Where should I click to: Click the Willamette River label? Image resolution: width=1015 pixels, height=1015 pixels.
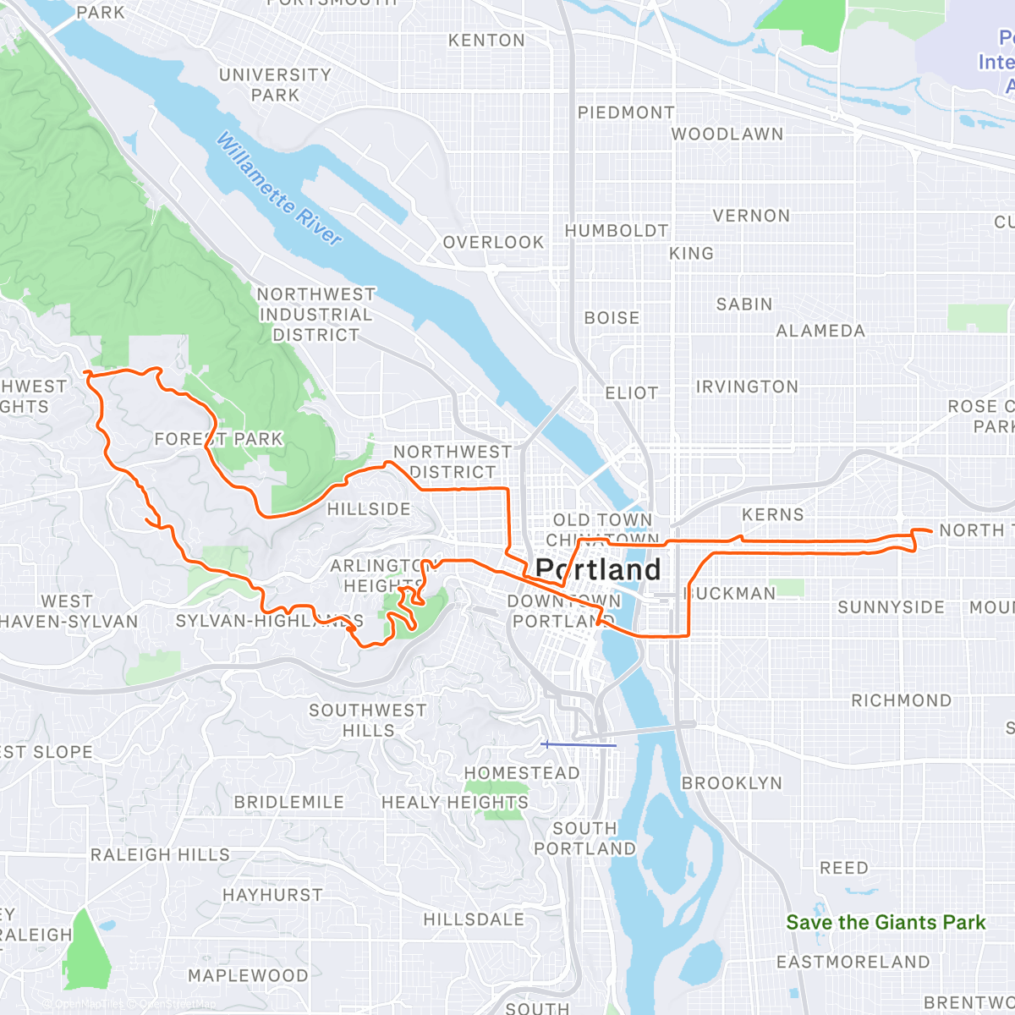(279, 189)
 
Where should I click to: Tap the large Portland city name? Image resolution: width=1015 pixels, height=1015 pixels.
(598, 570)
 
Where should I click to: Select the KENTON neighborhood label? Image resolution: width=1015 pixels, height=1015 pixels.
(486, 41)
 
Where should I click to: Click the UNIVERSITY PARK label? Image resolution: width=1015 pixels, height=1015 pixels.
(275, 85)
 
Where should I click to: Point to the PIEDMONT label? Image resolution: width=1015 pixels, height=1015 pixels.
(626, 112)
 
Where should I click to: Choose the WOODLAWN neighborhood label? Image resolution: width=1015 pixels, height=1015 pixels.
(727, 134)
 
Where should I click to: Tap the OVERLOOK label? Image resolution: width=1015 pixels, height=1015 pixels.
(493, 243)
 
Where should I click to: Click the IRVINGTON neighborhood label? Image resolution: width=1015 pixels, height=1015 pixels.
(746, 387)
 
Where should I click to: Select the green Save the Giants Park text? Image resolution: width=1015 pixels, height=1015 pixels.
(886, 923)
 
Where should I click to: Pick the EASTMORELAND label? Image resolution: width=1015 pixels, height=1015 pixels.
(853, 962)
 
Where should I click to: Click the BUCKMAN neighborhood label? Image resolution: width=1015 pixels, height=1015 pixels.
(730, 594)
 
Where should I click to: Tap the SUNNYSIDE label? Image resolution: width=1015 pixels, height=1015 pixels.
(891, 607)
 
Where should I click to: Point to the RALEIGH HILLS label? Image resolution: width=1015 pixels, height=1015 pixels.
(160, 854)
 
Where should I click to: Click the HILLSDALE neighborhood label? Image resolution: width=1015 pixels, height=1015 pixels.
(474, 919)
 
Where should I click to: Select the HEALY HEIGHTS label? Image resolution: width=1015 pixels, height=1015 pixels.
(454, 802)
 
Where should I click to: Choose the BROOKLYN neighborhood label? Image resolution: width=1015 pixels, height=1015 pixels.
(732, 783)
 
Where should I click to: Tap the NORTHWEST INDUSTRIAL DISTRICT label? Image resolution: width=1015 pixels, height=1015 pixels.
(315, 315)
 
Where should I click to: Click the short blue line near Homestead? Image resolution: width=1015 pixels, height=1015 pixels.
(579, 745)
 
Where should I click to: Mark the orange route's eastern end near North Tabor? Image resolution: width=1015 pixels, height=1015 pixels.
(930, 530)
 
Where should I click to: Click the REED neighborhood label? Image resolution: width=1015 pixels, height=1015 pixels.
(843, 868)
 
